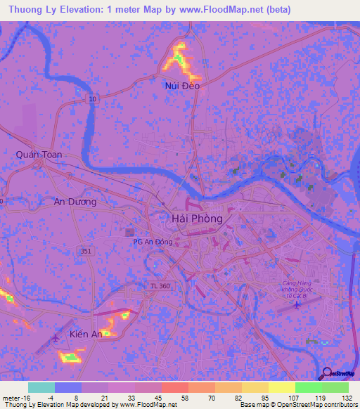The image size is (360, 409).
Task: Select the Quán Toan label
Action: coord(39,155)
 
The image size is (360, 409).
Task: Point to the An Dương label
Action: coord(75,202)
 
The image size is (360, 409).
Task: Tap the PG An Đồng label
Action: coord(153,242)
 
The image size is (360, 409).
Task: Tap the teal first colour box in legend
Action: coord(41,387)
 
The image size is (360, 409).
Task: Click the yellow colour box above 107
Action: coord(282,387)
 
